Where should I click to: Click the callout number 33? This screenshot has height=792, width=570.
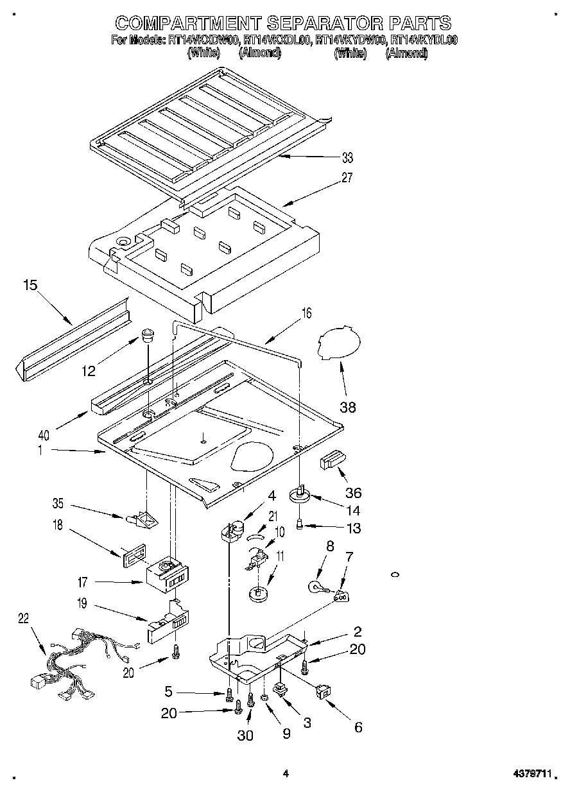click(347, 157)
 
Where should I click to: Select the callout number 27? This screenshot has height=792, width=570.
click(347, 178)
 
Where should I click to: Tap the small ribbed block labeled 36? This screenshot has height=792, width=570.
click(333, 460)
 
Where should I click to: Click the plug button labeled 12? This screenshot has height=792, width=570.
click(148, 335)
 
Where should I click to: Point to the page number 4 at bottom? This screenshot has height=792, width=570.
click(286, 775)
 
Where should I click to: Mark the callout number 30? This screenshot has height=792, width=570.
click(245, 736)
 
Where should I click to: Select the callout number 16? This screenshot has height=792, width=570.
click(306, 313)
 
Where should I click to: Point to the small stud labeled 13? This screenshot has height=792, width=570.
click(300, 526)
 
